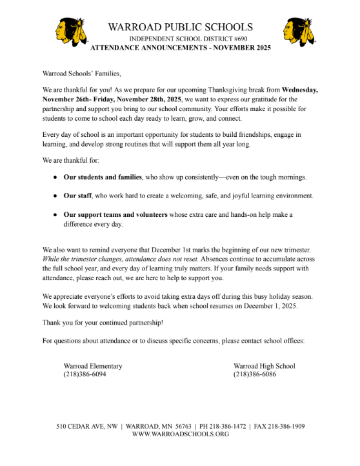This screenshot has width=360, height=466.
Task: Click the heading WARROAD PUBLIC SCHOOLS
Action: pyautogui.click(x=180, y=27)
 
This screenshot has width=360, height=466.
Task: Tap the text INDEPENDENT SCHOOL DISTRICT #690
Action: pyautogui.click(x=180, y=39)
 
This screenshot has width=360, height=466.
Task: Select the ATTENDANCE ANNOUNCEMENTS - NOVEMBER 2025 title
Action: pyautogui.click(x=180, y=48)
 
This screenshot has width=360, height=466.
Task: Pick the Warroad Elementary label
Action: pyautogui.click(x=93, y=366)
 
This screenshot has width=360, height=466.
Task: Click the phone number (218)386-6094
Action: pyautogui.click(x=85, y=374)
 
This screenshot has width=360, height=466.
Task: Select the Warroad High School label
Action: pyautogui.click(x=264, y=366)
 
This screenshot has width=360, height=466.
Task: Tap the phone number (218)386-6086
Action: pyautogui.click(x=255, y=374)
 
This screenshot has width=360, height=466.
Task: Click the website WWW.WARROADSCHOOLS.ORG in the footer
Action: pyautogui.click(x=180, y=434)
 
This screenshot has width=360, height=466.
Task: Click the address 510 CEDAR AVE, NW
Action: pyautogui.click(x=87, y=427)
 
